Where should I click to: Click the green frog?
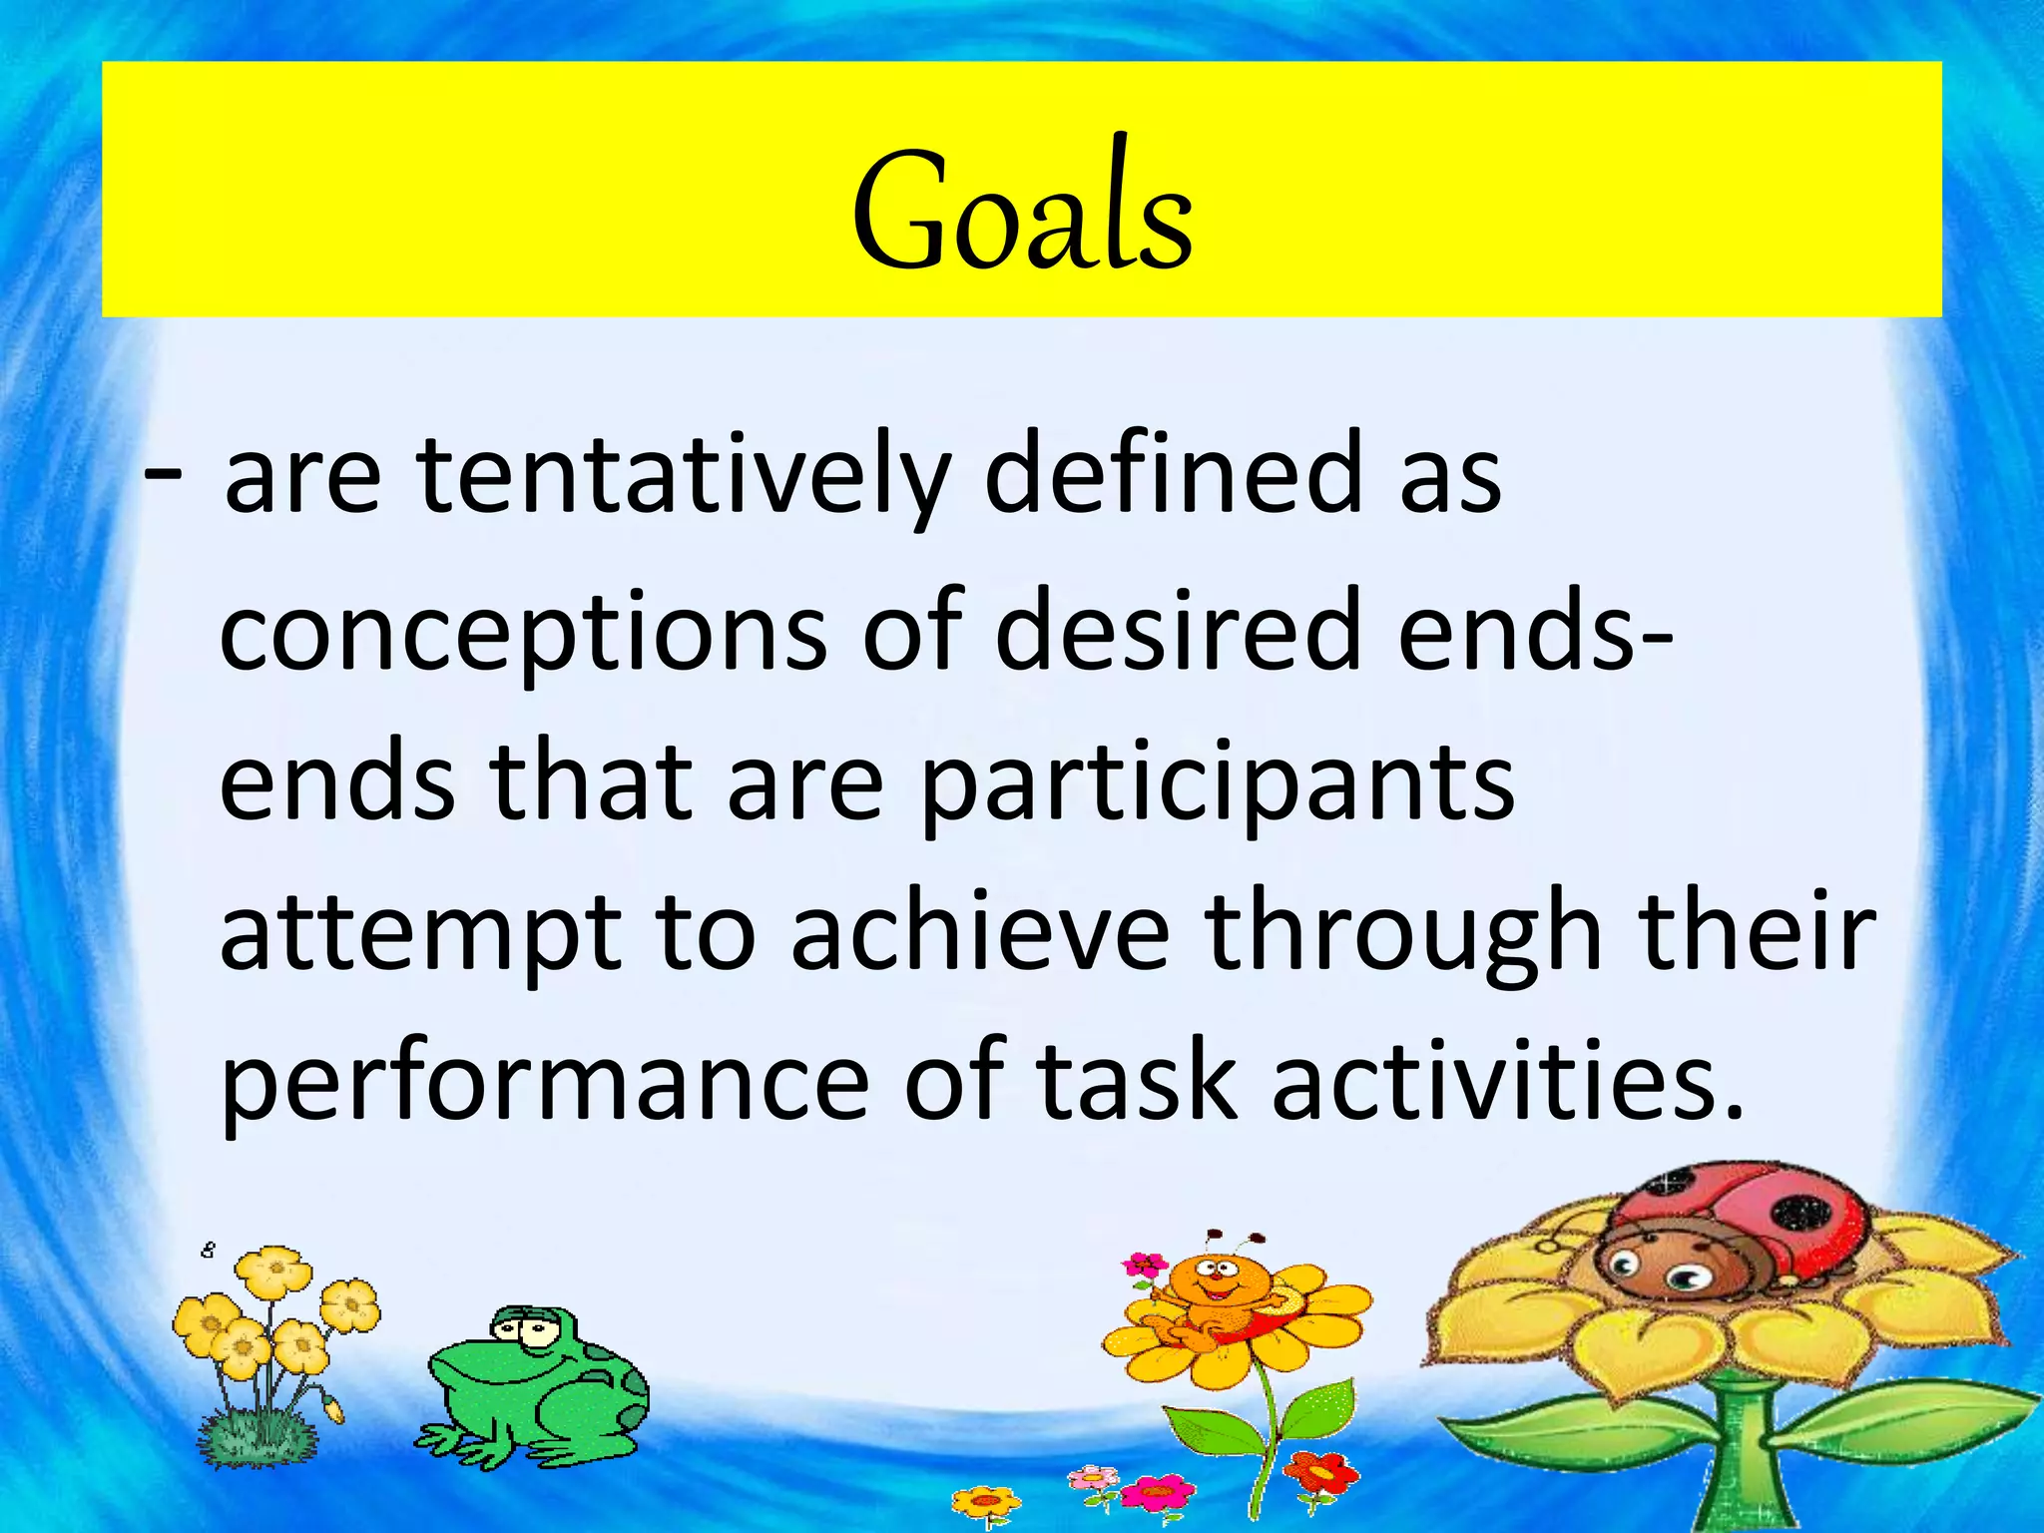[x=539, y=1387]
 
